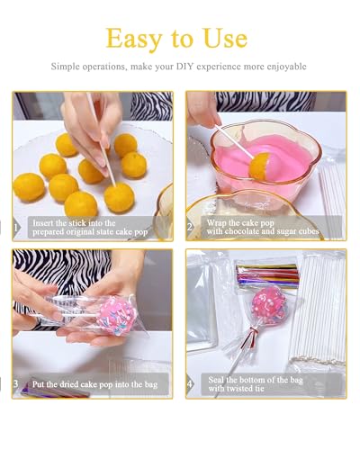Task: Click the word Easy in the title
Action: coord(134,40)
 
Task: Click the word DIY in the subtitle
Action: coord(184,66)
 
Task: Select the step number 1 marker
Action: coord(15,228)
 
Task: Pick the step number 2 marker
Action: coord(190,227)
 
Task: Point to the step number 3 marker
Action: coord(16,383)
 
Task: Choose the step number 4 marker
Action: coord(190,383)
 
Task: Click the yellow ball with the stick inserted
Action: coord(119,198)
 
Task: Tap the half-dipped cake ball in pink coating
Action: coord(260,166)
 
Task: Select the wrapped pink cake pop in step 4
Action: coord(269,305)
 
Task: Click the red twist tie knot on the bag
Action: coord(255,331)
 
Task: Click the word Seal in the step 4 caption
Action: coord(216,380)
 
